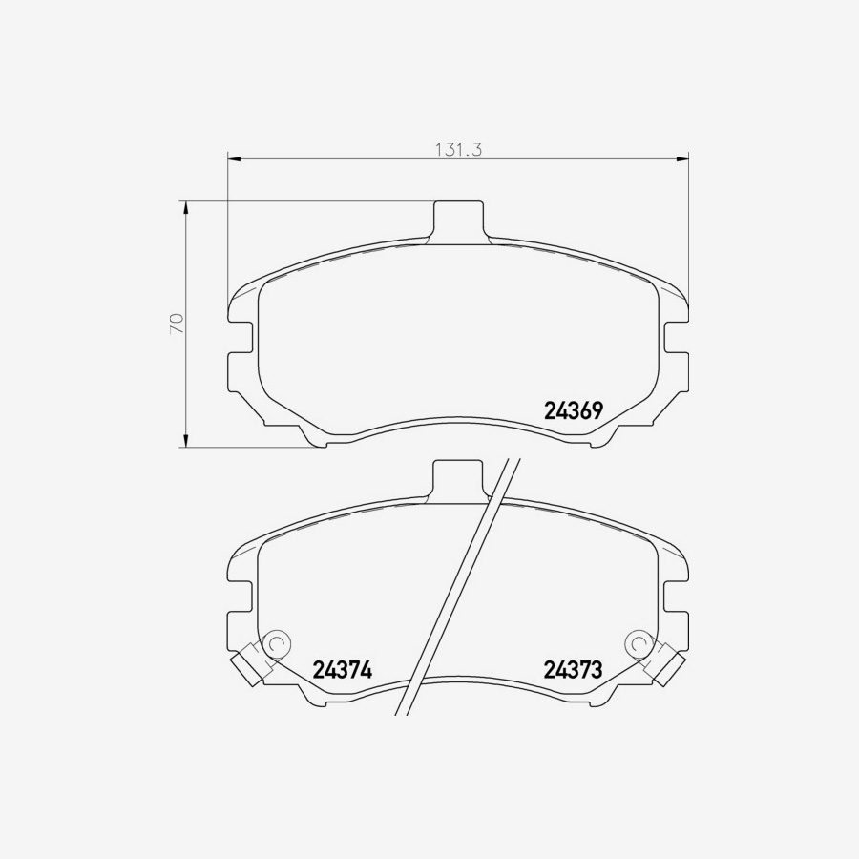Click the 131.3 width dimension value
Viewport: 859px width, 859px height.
pyautogui.click(x=460, y=150)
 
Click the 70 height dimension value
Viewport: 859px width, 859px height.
pyautogui.click(x=176, y=323)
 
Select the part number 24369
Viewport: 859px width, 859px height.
pyautogui.click(x=573, y=410)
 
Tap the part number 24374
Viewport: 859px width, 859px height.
pyautogui.click(x=342, y=670)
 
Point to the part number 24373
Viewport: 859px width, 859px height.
pyautogui.click(x=573, y=670)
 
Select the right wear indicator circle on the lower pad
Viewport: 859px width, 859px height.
pyautogui.click(x=639, y=644)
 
